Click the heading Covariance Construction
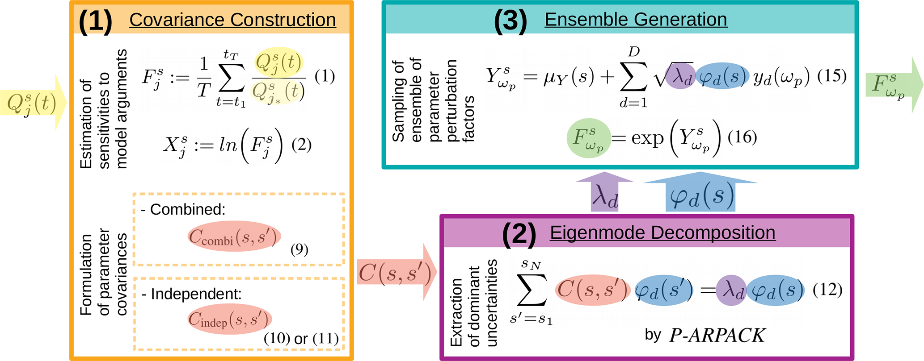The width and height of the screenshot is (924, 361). (232, 20)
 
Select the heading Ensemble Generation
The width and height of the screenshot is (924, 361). (636, 20)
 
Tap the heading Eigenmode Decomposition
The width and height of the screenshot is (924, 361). (662, 233)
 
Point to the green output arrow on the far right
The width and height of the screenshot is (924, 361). (892, 85)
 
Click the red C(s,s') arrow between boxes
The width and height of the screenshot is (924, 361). (396, 273)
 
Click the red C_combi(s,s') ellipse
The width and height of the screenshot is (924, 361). (234, 237)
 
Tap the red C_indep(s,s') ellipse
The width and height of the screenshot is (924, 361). (230, 319)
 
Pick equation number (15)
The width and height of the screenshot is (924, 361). (831, 76)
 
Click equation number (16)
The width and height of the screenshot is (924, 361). (742, 137)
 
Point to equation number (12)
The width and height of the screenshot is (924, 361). (827, 290)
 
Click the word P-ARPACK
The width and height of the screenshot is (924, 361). (717, 336)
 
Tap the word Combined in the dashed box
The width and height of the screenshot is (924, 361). (188, 209)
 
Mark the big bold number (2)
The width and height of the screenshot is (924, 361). (519, 233)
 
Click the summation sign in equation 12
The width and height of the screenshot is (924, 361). (532, 290)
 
